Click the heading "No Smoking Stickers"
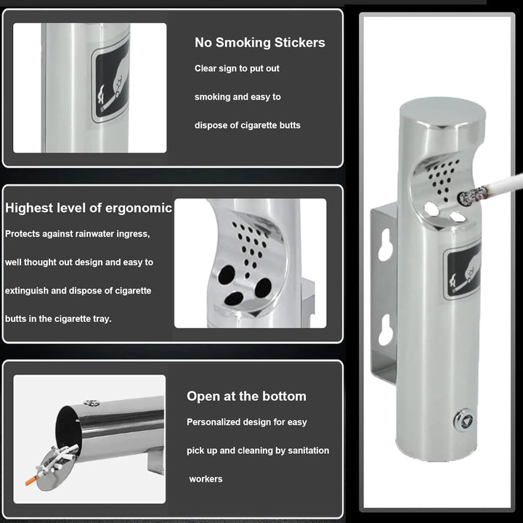pos(260,43)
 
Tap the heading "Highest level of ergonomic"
pos(89,208)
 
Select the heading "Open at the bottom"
pos(246,397)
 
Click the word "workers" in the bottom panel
pos(206,479)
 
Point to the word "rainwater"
pos(94,234)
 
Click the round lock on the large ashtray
pos(464,420)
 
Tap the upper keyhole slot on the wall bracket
pos(386,245)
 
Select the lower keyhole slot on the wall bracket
pos(386,329)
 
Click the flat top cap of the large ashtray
pos(442,113)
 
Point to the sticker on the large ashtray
pos(463,271)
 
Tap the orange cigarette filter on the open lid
pos(32,481)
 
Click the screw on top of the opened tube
pos(91,403)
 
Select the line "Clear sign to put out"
pos(237,69)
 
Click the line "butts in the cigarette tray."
pos(58,319)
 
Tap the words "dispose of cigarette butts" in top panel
pos(248,126)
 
